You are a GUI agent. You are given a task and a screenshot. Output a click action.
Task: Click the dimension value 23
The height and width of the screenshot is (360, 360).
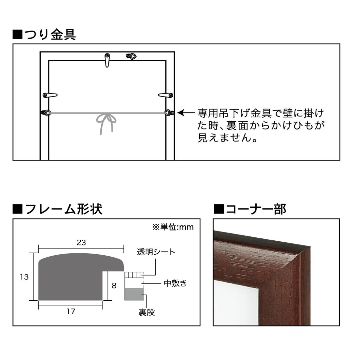point(81,242)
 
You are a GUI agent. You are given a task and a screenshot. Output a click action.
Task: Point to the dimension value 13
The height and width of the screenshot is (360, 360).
point(24,277)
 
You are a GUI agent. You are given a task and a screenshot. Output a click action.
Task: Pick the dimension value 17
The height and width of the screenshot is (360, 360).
point(71,311)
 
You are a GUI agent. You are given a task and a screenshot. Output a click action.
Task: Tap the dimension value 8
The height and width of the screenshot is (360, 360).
point(114,285)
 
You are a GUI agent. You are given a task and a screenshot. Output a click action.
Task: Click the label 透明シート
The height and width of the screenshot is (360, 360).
point(156,252)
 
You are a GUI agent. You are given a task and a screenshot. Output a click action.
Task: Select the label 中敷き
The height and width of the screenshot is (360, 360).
point(175,283)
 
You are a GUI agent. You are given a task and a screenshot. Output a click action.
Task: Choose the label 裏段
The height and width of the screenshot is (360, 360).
point(146,312)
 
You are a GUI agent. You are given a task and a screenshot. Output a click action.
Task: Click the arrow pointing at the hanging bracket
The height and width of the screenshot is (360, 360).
point(186,113)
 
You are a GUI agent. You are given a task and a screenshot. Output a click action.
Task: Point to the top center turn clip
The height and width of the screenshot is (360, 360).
point(107,60)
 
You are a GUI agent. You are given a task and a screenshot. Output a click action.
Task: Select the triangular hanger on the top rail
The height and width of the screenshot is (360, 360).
point(131,56)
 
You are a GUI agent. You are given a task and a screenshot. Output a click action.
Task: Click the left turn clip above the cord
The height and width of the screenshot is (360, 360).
point(50,95)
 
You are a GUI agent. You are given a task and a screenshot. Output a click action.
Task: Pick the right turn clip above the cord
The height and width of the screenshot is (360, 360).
point(165,95)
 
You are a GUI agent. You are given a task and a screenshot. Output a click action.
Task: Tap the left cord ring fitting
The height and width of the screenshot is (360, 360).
point(46,113)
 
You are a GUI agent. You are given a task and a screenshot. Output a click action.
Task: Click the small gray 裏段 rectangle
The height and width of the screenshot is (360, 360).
point(134,295)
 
